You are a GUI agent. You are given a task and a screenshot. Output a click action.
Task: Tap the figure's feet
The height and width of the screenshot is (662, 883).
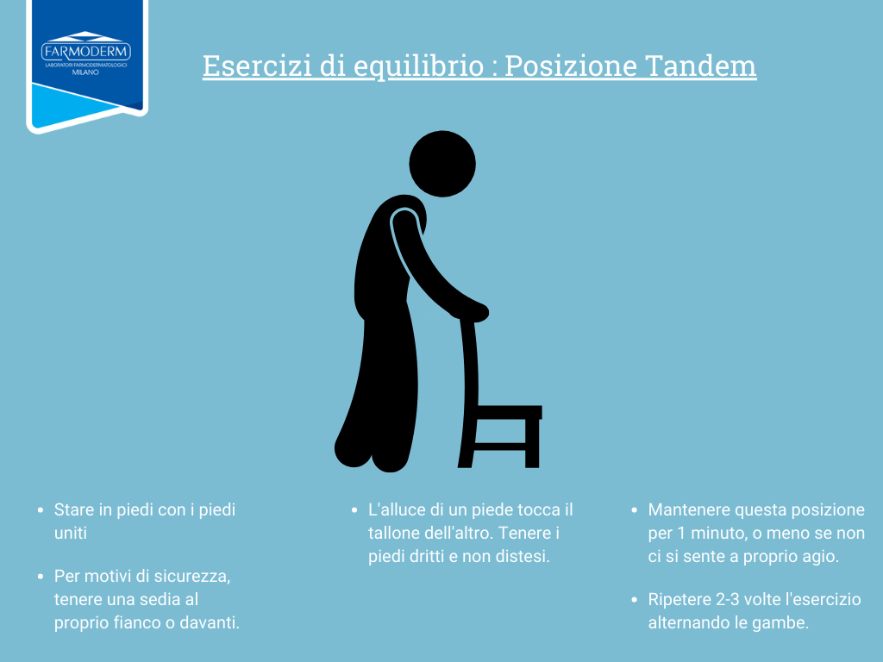coord(371,453)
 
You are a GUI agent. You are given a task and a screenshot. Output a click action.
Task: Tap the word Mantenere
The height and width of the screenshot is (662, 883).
coord(688,509)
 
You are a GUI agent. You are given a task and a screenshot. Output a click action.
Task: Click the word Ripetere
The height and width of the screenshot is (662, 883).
coord(679,599)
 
